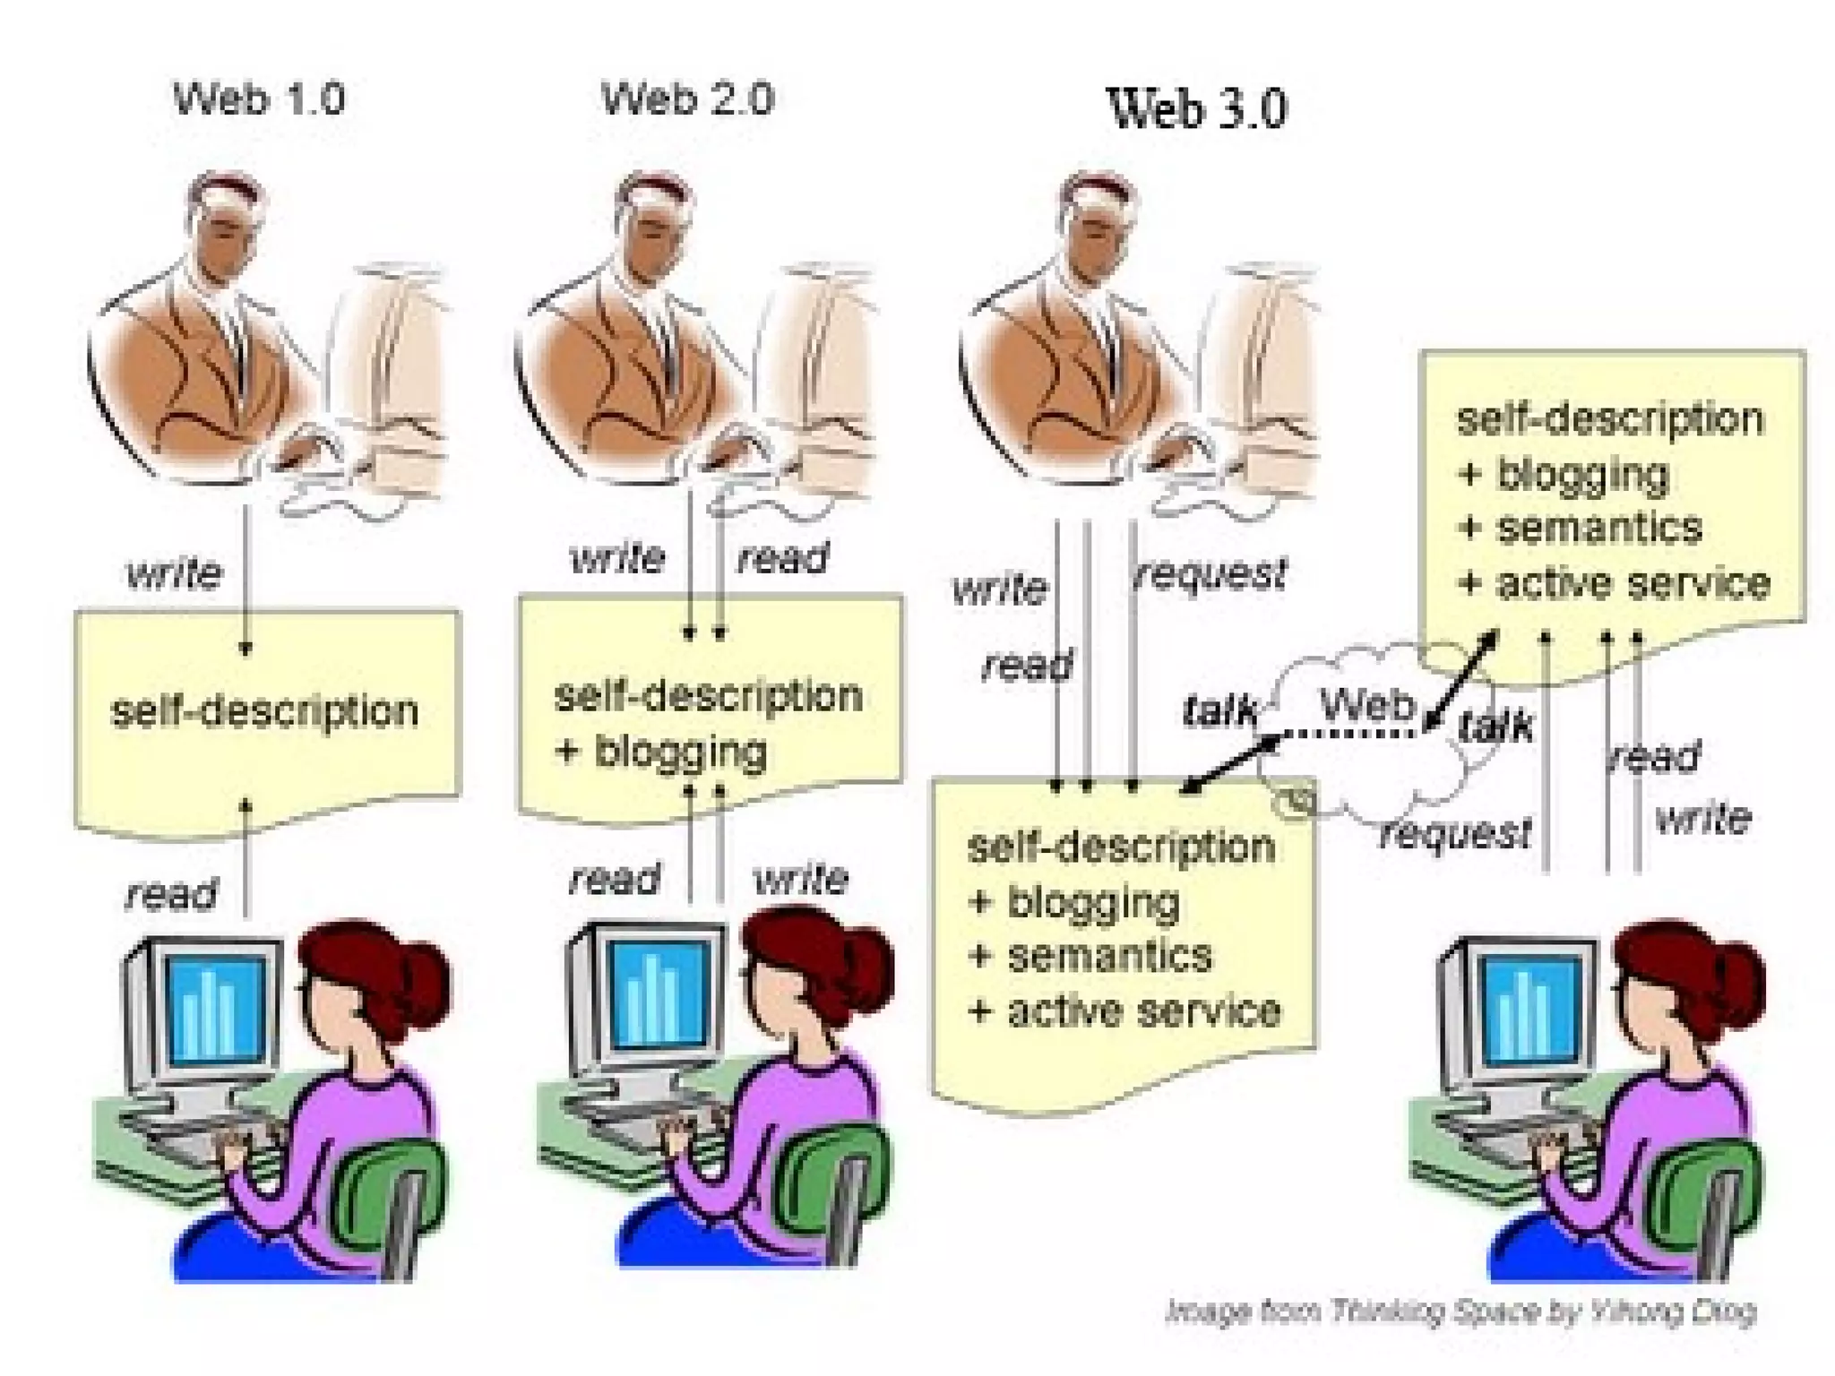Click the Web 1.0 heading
pyautogui.click(x=259, y=98)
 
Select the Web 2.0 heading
pyautogui.click(x=687, y=98)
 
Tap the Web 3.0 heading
pyautogui.click(x=1197, y=108)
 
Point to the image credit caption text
pyautogui.click(x=1460, y=1311)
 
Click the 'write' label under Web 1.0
pyautogui.click(x=174, y=573)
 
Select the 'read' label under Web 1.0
pyautogui.click(x=171, y=893)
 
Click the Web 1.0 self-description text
pyautogui.click(x=264, y=711)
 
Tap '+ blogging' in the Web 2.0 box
pyautogui.click(x=661, y=751)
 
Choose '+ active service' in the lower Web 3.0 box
pyautogui.click(x=1125, y=1011)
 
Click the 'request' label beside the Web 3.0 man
pyautogui.click(x=1210, y=574)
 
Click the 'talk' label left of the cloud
pyautogui.click(x=1219, y=710)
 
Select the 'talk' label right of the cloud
pyautogui.click(x=1496, y=725)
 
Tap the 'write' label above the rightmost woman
pyautogui.click(x=1702, y=819)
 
